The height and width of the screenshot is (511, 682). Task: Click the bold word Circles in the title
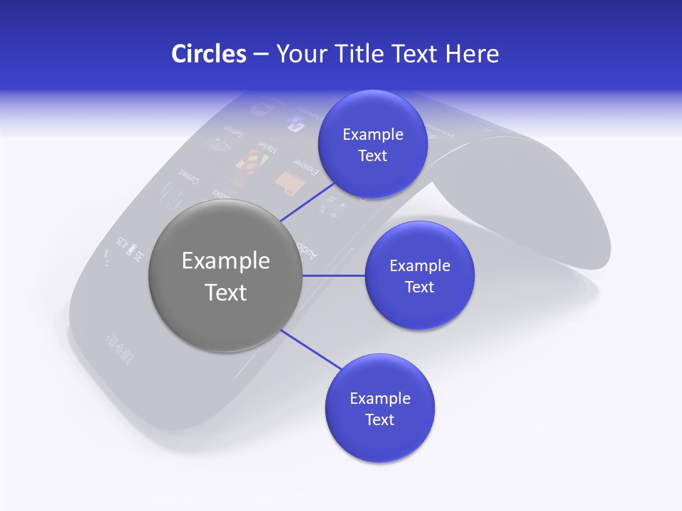click(208, 54)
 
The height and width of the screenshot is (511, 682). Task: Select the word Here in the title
click(472, 54)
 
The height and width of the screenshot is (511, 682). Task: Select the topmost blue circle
click(372, 145)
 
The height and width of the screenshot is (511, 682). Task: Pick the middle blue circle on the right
click(419, 275)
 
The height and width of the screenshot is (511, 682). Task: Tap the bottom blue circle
click(379, 409)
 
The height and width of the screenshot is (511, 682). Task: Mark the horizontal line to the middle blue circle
click(334, 275)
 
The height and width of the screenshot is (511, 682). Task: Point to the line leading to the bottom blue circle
click(310, 348)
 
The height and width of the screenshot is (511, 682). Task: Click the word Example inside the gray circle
click(226, 261)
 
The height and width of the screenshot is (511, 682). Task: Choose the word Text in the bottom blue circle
click(379, 419)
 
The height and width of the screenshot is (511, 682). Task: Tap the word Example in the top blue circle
click(373, 134)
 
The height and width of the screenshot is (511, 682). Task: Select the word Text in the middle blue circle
click(419, 287)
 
